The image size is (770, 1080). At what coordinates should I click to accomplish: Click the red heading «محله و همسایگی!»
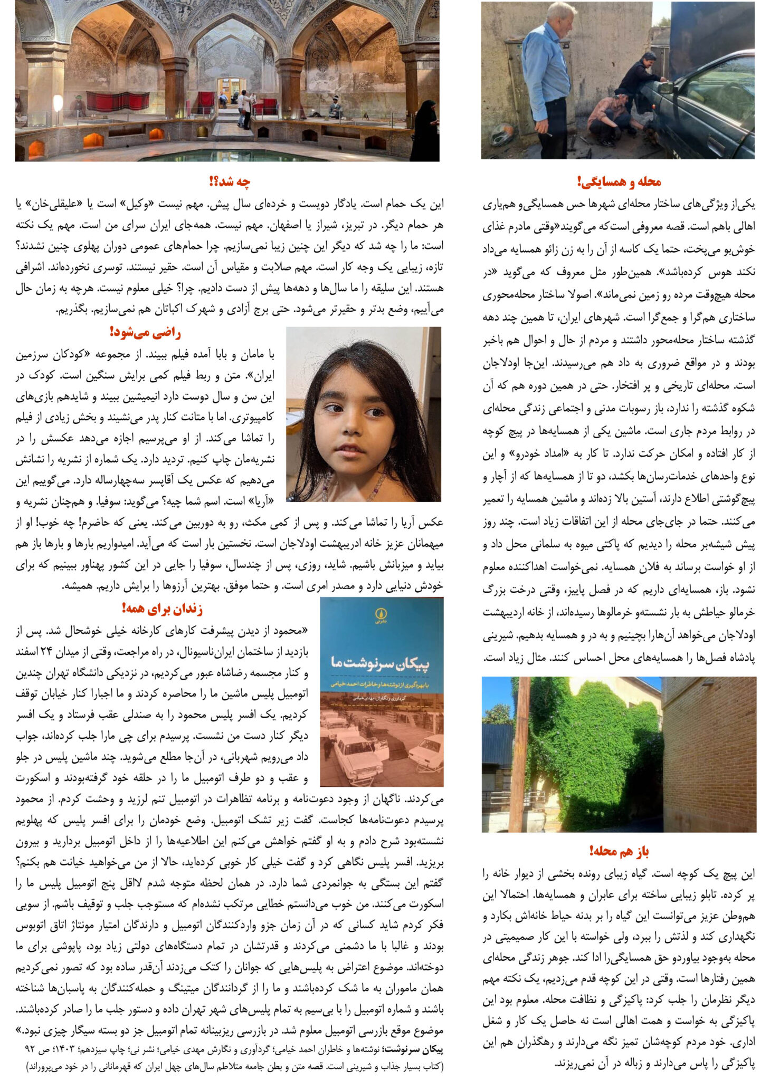point(619,182)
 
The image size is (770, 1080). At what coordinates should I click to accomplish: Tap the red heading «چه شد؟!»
point(230,182)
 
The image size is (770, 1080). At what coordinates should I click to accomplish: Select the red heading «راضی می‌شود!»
point(145,333)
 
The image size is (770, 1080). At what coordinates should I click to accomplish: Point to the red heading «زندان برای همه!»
point(162,609)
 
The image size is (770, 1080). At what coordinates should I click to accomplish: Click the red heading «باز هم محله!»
point(619,851)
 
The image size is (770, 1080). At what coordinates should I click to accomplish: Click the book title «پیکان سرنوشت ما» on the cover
point(381,663)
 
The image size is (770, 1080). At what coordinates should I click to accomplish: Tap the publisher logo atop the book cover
point(381,614)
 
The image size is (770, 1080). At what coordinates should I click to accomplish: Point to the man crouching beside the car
point(612,116)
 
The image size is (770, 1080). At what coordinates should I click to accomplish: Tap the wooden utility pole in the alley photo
point(520,754)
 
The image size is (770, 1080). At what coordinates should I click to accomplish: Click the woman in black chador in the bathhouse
point(425,132)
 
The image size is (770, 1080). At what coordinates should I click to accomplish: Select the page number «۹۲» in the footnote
point(30,1049)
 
